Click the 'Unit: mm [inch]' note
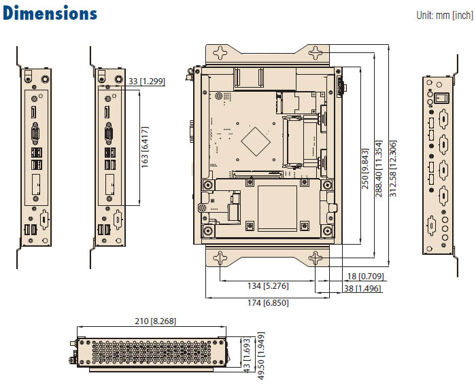(x=444, y=15)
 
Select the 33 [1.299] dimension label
(x=146, y=82)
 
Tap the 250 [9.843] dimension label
(x=365, y=169)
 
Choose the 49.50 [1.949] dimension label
(x=260, y=353)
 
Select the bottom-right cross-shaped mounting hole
(x=315, y=258)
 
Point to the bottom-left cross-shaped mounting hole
(x=220, y=258)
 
